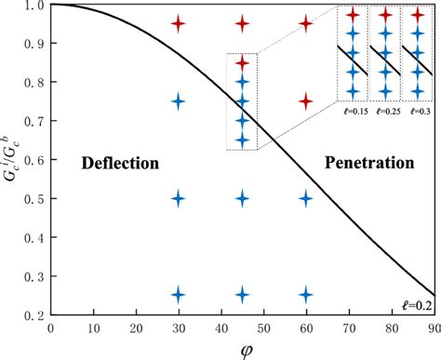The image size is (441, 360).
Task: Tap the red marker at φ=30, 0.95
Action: [x=179, y=23]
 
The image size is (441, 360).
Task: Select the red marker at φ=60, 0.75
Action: [x=306, y=100]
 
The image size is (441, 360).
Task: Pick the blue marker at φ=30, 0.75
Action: [x=179, y=100]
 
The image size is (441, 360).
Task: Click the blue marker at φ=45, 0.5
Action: [x=242, y=197]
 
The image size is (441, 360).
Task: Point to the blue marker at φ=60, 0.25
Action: [x=306, y=294]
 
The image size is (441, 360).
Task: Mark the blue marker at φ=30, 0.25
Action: [x=179, y=294]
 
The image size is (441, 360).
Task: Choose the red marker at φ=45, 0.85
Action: [x=242, y=62]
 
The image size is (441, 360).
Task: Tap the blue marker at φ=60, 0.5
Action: [x=306, y=197]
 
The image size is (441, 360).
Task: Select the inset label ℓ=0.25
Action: [x=385, y=111]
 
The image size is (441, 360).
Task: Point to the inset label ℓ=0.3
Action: [x=416, y=111]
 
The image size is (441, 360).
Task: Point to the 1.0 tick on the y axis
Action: [x=35, y=6]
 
